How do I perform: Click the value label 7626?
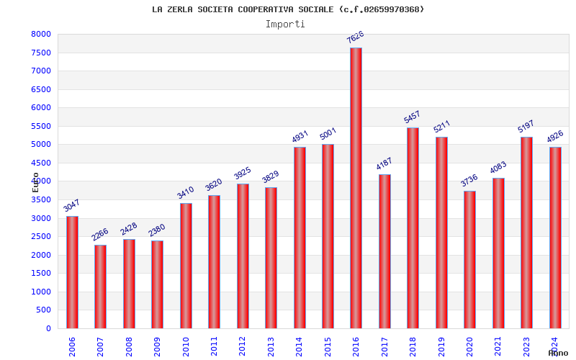coord(356,37)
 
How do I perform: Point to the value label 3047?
coord(71,204)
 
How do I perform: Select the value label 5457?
coord(413,117)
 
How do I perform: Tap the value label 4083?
coord(498,167)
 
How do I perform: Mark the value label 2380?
coord(156,230)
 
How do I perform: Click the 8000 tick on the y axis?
coord(41,35)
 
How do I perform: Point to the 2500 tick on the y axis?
coord(41,237)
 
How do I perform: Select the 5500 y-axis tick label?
coord(41,126)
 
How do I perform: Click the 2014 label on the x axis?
coord(300,346)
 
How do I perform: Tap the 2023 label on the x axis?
coord(526,346)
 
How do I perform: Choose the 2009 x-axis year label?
coord(157,346)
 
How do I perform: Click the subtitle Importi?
coord(285,24)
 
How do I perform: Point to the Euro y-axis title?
coord(36,181)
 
